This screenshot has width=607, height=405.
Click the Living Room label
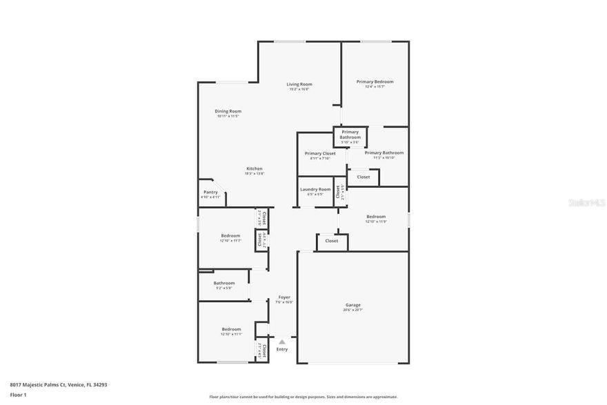pyautogui.click(x=299, y=84)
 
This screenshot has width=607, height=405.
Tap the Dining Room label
pyautogui.click(x=228, y=111)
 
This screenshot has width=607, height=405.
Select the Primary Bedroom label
pyautogui.click(x=375, y=81)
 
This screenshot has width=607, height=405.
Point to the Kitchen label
pyautogui.click(x=255, y=168)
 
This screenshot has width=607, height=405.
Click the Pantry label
pyautogui.click(x=210, y=192)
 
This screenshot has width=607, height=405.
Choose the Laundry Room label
pyautogui.click(x=315, y=189)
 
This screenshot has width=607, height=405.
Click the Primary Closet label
pyautogui.click(x=320, y=153)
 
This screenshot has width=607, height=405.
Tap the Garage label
pyautogui.click(x=353, y=305)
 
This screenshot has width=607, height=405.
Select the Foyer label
pyautogui.click(x=284, y=297)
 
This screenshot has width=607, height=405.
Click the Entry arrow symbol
pyautogui.click(x=282, y=342)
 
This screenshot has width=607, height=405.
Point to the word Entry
pyautogui.click(x=282, y=350)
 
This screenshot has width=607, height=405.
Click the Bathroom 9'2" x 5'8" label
pyautogui.click(x=223, y=283)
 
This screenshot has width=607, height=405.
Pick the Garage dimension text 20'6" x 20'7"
pyautogui.click(x=353, y=310)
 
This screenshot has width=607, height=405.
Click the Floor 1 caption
pyautogui.click(x=18, y=395)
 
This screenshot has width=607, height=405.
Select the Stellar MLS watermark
pyautogui.click(x=586, y=203)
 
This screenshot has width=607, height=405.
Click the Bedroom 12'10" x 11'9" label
pyautogui.click(x=376, y=217)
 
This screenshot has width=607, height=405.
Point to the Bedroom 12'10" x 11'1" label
pyautogui.click(x=231, y=329)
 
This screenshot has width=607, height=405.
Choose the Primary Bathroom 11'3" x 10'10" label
pyautogui.click(x=384, y=152)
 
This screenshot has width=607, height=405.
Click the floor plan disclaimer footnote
pyautogui.click(x=303, y=397)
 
